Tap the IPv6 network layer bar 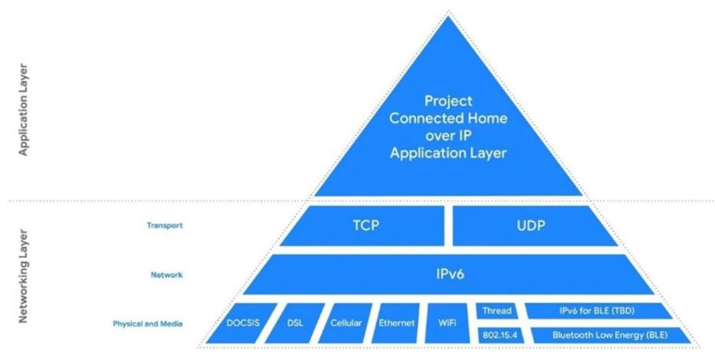click(449, 274)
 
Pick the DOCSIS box click(242, 323)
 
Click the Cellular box click(345, 323)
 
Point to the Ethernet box click(396, 323)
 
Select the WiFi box click(447, 323)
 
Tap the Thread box click(497, 310)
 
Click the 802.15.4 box click(500, 335)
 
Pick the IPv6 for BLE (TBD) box click(597, 310)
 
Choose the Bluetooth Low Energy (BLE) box click(610, 335)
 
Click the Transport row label click(164, 225)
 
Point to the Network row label click(167, 275)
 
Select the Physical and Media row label click(148, 324)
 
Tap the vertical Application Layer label click(23, 110)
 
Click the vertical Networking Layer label click(23, 276)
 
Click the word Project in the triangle click(448, 100)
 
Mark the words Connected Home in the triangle click(448, 118)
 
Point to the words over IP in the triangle click(448, 136)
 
